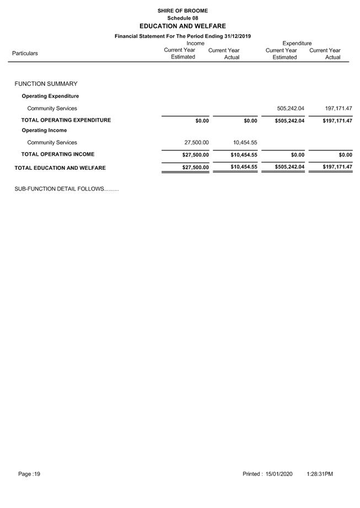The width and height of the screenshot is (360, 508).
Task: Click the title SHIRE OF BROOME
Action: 182,10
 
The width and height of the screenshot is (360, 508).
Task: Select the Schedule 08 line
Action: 182,18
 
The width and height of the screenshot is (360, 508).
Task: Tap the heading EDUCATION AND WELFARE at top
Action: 182,26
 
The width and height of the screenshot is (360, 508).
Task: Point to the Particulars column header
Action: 25,53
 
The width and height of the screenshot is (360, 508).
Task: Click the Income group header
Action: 195,44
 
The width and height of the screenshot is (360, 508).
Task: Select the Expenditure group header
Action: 297,44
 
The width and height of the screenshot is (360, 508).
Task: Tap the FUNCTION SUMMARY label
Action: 46,84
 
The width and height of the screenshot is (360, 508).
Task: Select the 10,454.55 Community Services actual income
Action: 245,143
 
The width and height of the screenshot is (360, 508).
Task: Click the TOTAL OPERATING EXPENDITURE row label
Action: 66,120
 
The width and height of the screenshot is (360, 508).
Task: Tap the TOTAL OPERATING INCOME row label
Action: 57,154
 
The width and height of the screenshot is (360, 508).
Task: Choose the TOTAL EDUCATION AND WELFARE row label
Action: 60,168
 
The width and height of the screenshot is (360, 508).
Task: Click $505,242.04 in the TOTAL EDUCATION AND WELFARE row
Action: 289,167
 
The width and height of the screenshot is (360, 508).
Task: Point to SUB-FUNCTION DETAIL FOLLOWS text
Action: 66,189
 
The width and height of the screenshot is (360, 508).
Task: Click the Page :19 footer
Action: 29,474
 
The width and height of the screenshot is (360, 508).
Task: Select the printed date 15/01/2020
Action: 279,474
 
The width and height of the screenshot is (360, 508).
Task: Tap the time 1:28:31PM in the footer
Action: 320,474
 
